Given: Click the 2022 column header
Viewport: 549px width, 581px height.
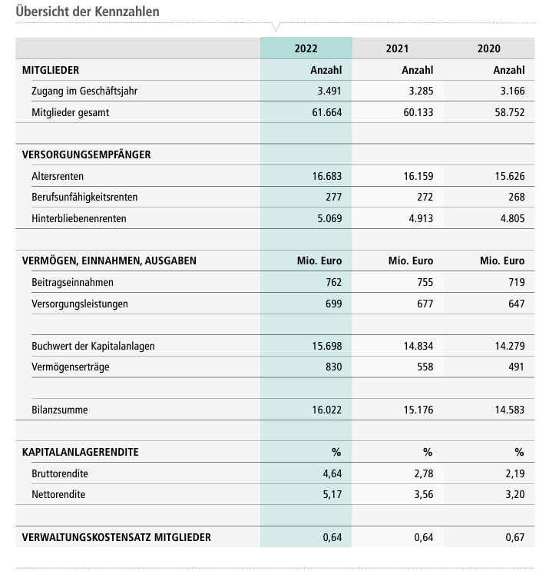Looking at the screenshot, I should (306, 48).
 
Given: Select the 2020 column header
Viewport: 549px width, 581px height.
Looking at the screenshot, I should (488, 48).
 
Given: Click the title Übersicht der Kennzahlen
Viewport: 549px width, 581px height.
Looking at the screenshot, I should (88, 12).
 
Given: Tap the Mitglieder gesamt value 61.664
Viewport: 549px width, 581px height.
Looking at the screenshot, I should (325, 112).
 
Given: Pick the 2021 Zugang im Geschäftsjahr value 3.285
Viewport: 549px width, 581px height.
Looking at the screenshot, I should (418, 91).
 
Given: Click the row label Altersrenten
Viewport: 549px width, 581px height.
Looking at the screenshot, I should (58, 176).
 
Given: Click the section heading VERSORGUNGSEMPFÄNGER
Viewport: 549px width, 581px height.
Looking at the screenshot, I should (86, 154).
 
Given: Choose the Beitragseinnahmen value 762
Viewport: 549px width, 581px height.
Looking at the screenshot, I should (332, 283).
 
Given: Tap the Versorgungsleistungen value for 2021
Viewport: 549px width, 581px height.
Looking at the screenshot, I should (424, 304).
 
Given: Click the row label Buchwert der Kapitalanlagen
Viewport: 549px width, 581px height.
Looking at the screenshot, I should (93, 346).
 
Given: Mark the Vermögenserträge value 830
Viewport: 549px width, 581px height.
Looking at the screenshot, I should (332, 367).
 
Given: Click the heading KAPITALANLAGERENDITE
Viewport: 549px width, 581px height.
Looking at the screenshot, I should (81, 452).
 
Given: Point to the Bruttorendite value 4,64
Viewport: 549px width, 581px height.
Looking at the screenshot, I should (332, 473).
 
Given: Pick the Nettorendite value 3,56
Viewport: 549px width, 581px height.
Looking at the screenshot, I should (423, 494).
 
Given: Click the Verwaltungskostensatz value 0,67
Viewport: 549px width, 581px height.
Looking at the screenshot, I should (514, 537).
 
